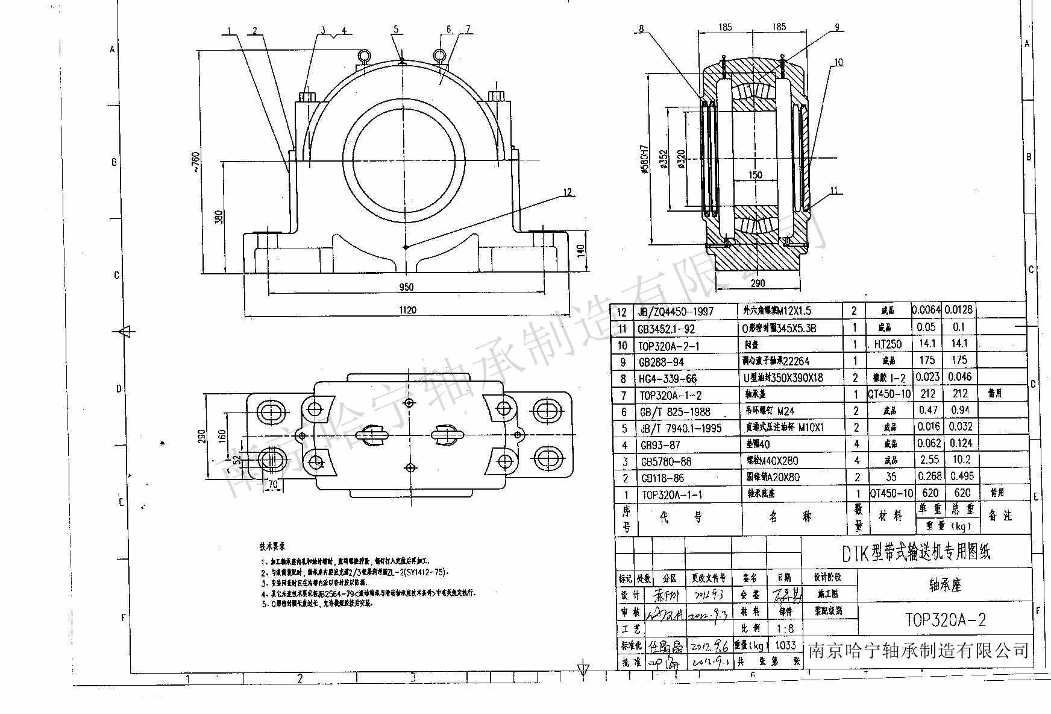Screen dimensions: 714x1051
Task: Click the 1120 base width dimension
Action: tap(407, 310)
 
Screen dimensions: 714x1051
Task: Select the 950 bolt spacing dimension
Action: tap(407, 287)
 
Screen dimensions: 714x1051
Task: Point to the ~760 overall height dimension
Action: tap(195, 162)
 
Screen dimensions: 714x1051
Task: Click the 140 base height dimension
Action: tap(582, 250)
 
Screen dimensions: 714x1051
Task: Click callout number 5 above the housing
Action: tap(396, 29)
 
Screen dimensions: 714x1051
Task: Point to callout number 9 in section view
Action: tap(836, 27)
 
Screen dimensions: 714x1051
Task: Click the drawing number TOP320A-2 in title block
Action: tap(946, 620)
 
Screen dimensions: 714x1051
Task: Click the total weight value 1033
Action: tap(785, 645)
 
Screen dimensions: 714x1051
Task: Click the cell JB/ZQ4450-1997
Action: tap(675, 311)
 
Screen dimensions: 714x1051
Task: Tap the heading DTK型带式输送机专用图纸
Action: tap(915, 552)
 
